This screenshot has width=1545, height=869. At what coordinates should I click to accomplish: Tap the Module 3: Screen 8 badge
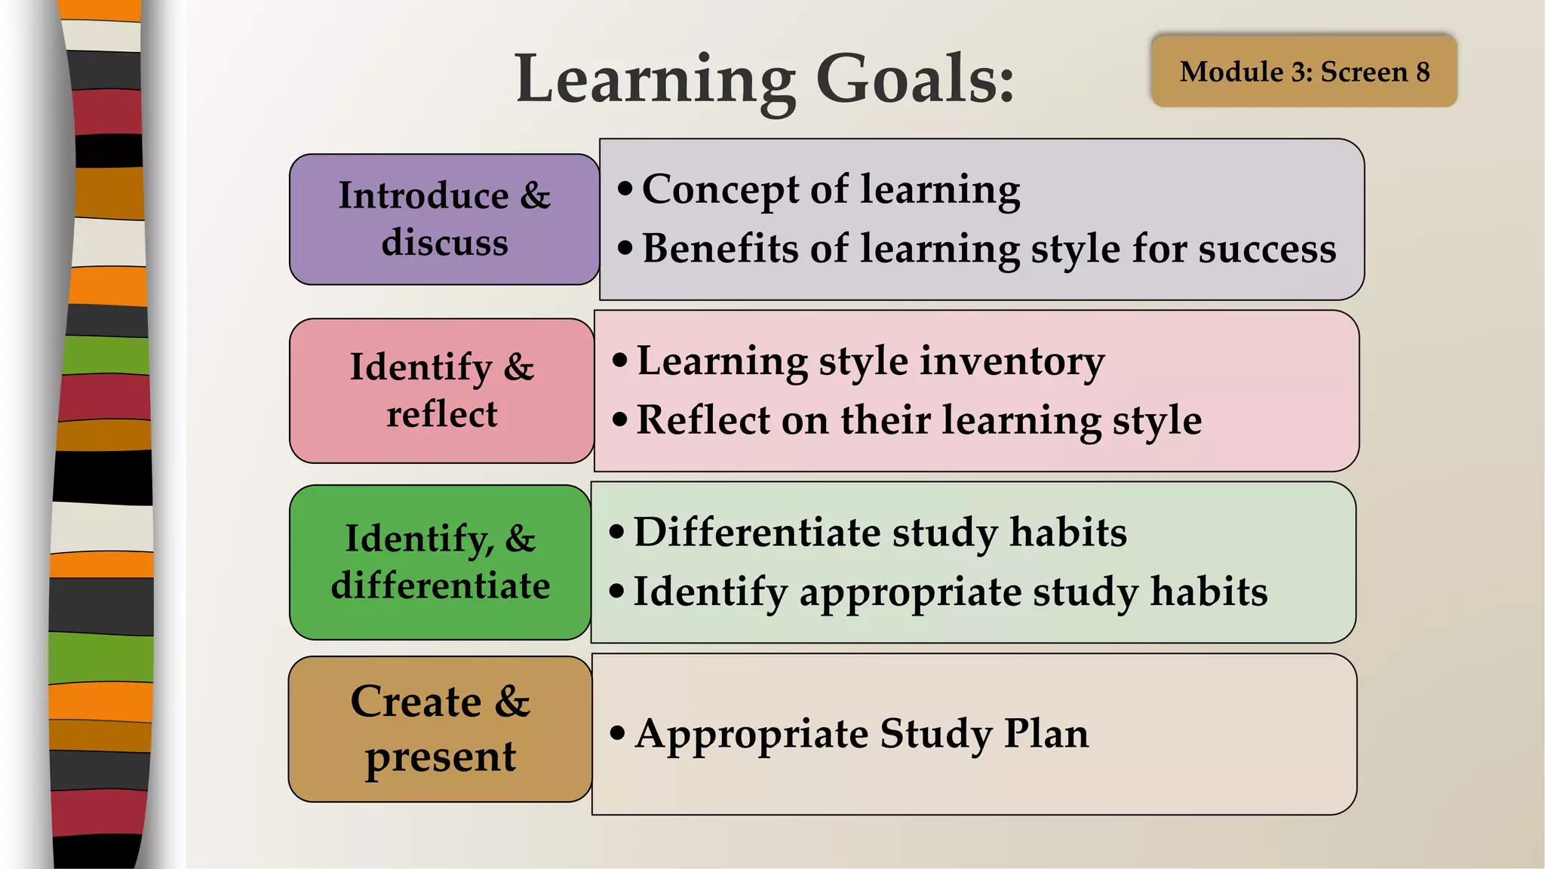point(1304,72)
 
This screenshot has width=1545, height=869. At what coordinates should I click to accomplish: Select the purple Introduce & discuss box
point(444,220)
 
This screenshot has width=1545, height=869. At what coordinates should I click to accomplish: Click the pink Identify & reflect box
point(442,391)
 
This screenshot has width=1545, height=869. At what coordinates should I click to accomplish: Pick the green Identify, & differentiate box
point(441,563)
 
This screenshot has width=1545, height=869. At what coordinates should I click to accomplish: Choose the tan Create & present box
point(441,729)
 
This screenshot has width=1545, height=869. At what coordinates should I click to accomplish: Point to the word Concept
point(720,189)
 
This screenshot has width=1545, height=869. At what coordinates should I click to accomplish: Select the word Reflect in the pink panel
point(703,419)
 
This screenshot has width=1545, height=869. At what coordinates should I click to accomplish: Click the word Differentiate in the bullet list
point(757,532)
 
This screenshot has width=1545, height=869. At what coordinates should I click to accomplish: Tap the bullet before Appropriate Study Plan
point(618,732)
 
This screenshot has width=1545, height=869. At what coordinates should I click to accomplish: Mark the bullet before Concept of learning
point(625,189)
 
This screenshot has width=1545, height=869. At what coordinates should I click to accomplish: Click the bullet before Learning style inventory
point(620,360)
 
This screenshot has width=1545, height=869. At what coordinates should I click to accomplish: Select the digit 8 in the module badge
point(1423,72)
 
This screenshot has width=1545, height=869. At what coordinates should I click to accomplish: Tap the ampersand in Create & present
point(512,702)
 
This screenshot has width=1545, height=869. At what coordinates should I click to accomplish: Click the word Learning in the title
point(655,80)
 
